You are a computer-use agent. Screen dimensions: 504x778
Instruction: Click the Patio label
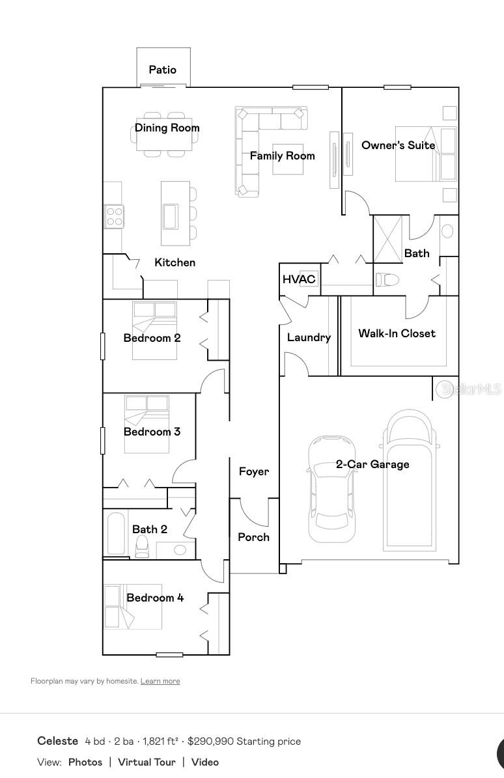pos(163,70)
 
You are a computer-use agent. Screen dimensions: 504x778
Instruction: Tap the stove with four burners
pos(114,217)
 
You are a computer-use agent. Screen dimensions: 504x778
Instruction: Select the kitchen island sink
pos(170,217)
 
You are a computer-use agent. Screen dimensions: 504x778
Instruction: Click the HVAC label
pos(299,279)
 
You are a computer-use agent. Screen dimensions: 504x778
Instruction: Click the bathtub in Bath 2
pos(117,533)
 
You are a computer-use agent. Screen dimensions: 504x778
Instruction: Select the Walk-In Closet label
pos(397,333)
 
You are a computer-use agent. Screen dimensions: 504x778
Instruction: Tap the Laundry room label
pos(309,337)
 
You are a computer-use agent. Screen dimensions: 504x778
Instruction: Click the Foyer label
pos(254,471)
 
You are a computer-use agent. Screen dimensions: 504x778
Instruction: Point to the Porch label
pos(253,537)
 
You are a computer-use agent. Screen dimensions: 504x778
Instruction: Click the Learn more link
pos(160,681)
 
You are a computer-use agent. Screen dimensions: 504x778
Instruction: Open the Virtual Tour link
pos(147,762)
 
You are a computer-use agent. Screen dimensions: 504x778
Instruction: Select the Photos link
pos(85,762)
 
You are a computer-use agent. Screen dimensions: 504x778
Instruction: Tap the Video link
pos(205,762)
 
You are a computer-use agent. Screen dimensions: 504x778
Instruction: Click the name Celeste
pos(57,741)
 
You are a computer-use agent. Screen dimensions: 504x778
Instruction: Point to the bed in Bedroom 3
pos(147,424)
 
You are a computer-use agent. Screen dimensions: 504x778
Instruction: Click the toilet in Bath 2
pos(143,546)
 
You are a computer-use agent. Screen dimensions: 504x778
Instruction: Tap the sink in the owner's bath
pos(447,231)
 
